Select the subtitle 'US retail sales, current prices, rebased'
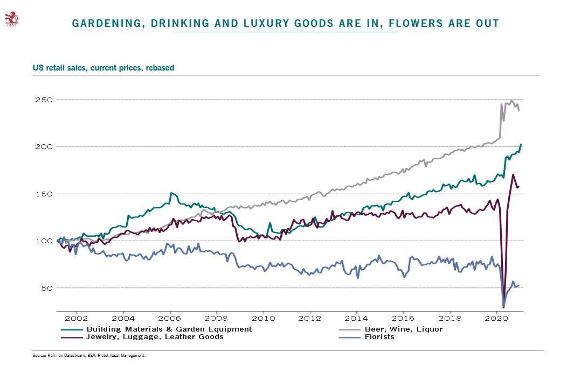[x=103, y=68]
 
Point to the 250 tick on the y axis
[x=45, y=100]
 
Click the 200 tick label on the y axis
[x=45, y=146]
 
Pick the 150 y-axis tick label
[x=45, y=194]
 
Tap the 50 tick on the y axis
[x=47, y=287]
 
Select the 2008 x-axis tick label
[x=217, y=318]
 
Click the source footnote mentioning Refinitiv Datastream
[x=89, y=356]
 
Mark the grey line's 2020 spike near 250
[x=511, y=101]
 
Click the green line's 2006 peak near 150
[x=171, y=193]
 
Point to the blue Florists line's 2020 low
[x=503, y=307]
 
